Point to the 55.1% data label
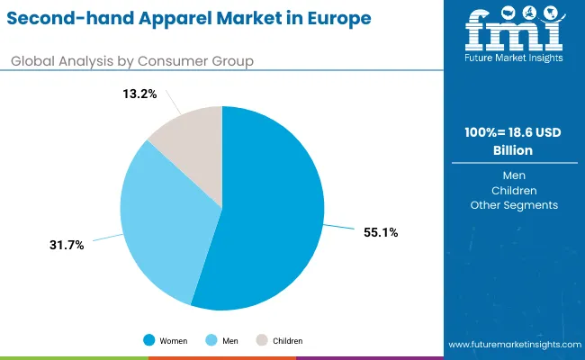381,232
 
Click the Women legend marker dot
149,341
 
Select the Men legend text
229,341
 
